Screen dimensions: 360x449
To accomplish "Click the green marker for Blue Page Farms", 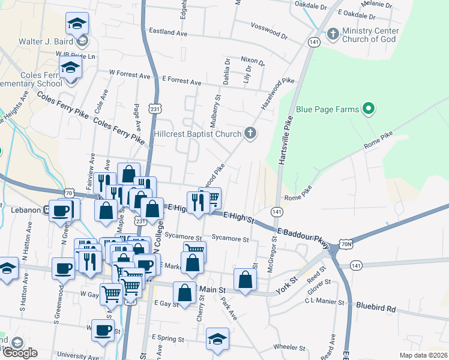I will pos(370,109).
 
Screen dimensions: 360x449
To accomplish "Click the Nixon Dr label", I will pos(253,61).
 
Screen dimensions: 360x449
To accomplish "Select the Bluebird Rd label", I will pos(376,309).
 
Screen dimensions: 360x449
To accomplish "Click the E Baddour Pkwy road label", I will pos(303,238).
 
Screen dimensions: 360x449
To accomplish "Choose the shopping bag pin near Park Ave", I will pos(245,279).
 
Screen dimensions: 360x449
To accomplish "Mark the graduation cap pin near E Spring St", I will pos(217,338).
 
